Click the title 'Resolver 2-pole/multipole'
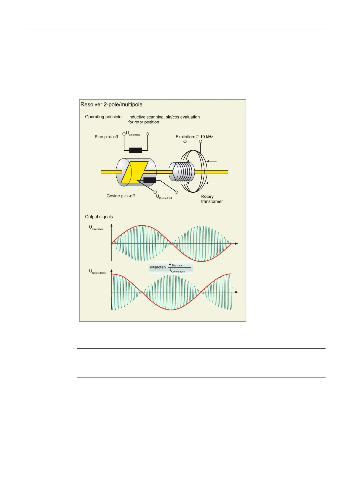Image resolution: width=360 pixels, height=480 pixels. [x=111, y=105]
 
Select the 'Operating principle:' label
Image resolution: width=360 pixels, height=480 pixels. [x=104, y=117]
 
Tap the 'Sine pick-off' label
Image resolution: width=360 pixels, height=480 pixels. [x=106, y=137]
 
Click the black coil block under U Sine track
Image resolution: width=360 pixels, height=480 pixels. [x=135, y=150]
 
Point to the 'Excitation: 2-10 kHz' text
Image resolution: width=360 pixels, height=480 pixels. [x=194, y=137]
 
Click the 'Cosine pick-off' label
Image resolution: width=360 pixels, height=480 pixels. [x=121, y=196]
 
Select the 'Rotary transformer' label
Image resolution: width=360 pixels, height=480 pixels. [x=212, y=199]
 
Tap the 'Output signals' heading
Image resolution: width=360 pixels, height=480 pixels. [x=99, y=217]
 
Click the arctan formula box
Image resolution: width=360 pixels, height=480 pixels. [x=170, y=268]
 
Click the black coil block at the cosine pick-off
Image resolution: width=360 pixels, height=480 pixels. [x=150, y=180]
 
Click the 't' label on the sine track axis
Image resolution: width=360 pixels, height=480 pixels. [x=233, y=240]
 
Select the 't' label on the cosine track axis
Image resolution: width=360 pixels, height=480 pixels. [x=233, y=288]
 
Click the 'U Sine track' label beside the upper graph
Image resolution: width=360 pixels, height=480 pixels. [x=96, y=228]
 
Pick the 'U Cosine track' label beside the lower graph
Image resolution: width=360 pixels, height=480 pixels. [x=97, y=272]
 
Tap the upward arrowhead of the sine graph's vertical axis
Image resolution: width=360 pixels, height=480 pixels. [x=112, y=225]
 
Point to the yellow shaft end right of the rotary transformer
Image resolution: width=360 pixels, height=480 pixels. [x=218, y=172]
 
